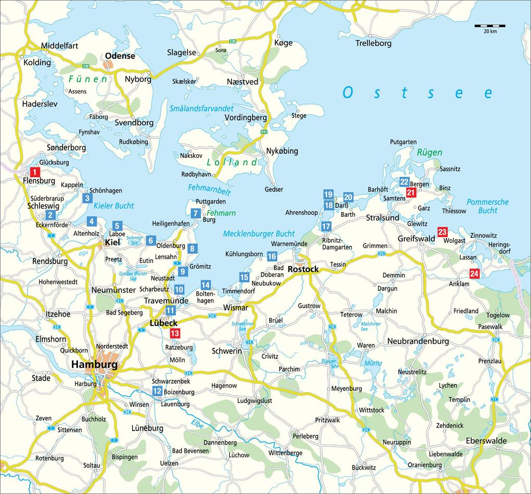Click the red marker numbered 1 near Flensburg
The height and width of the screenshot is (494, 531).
(34, 172)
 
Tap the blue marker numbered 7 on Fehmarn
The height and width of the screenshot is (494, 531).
(195, 213)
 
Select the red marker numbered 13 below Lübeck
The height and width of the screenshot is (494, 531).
(175, 333)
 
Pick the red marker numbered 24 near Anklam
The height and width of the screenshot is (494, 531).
(474, 274)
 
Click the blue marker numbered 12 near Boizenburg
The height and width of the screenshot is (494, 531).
(157, 391)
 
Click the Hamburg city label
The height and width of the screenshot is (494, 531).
(94, 365)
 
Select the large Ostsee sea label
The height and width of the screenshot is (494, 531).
(417, 93)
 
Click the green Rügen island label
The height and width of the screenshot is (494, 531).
(429, 153)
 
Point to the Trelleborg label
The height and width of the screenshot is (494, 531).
(373, 43)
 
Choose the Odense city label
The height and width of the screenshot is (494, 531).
(120, 56)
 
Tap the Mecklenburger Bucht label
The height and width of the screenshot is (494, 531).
(259, 234)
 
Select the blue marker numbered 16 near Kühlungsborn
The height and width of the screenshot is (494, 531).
(272, 256)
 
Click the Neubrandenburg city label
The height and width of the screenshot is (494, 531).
(418, 341)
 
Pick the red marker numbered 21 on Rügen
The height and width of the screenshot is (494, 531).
(411, 193)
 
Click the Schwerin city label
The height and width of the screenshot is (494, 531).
(227, 351)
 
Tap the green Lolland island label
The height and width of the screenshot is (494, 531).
(232, 162)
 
